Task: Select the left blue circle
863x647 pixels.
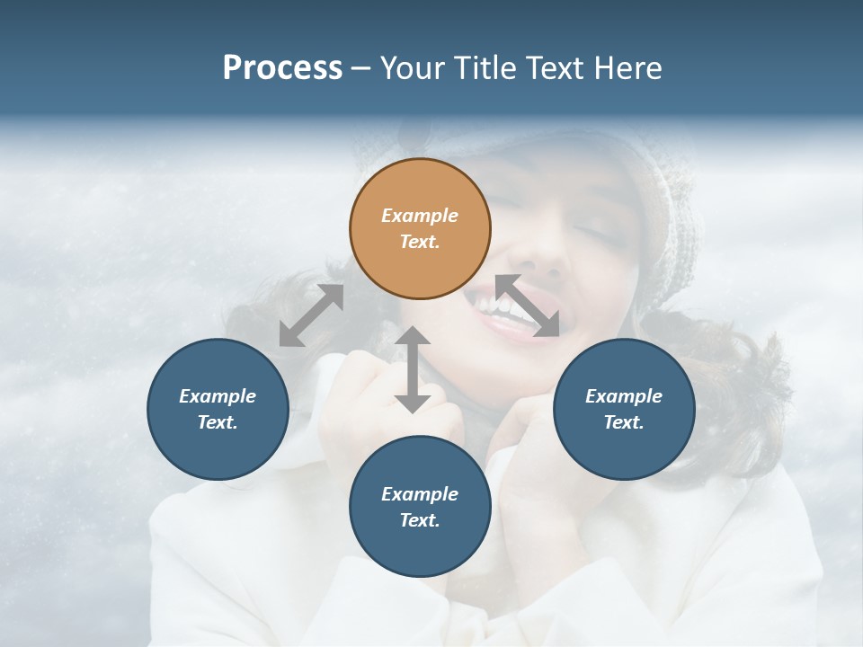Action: tap(218, 409)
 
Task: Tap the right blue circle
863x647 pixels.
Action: tap(624, 409)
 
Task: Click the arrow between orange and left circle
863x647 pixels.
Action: tap(311, 315)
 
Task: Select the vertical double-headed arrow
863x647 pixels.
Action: tap(413, 369)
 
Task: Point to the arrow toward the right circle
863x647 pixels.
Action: tap(528, 306)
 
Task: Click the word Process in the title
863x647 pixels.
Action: tap(282, 68)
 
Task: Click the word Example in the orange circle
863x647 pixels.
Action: tap(420, 216)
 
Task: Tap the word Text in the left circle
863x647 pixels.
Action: tap(218, 422)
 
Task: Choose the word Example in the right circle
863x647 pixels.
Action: tap(624, 396)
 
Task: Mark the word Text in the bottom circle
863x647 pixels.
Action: tap(420, 520)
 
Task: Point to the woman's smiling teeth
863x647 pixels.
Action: tap(499, 306)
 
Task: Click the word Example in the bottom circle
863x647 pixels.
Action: tap(420, 494)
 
